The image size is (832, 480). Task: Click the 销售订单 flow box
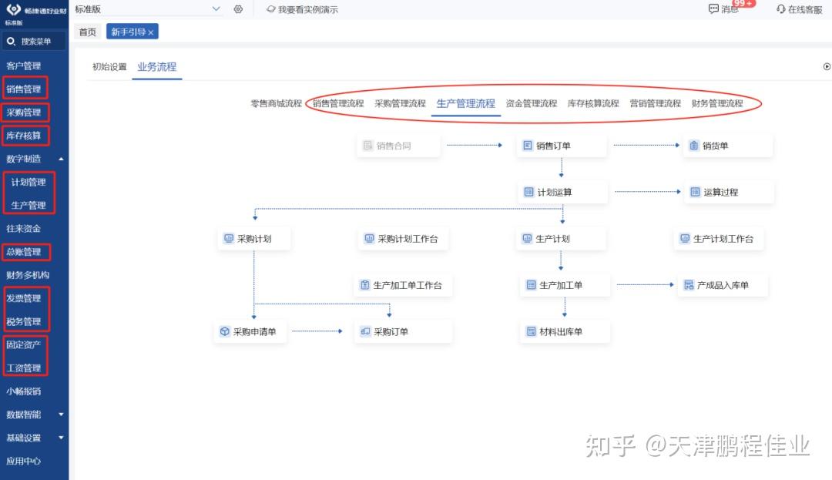click(562, 146)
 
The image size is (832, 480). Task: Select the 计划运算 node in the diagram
click(562, 192)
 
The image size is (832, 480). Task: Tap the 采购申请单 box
click(250, 331)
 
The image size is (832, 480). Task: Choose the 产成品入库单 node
click(723, 285)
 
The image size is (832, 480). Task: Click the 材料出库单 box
click(565, 331)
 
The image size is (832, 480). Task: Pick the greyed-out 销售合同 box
click(398, 146)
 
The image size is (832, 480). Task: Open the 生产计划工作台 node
click(719, 239)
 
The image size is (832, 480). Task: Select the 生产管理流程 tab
click(465, 103)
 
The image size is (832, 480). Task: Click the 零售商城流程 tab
click(276, 103)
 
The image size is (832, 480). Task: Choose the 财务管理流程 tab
click(717, 103)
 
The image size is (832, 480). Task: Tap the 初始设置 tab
click(109, 67)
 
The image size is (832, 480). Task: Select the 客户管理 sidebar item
click(24, 65)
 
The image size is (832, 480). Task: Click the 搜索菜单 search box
click(34, 42)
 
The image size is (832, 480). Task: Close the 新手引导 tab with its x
click(151, 32)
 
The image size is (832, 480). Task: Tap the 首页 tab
click(88, 32)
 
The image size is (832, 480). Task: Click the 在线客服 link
click(799, 9)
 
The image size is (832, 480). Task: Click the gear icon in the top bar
click(238, 9)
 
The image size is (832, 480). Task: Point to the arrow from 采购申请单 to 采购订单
click(317, 331)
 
